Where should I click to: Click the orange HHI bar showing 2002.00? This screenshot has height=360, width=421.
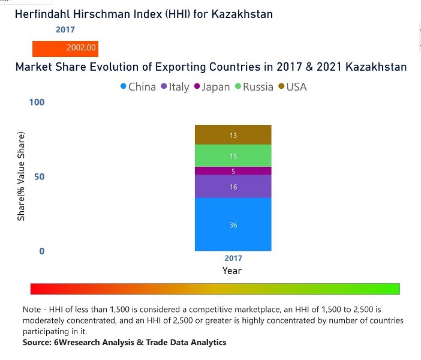65,48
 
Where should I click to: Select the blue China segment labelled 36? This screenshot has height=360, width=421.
233,224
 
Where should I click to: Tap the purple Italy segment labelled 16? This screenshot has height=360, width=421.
233,187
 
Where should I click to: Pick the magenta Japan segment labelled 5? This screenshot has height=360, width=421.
233,171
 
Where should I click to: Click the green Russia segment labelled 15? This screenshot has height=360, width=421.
233,156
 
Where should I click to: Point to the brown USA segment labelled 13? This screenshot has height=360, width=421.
233,135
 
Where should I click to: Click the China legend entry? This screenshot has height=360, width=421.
139,87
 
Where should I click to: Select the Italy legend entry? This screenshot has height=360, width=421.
175,87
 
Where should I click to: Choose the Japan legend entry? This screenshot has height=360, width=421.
212,87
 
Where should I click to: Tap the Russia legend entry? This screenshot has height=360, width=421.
254,87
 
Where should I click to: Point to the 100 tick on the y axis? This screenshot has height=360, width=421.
37,103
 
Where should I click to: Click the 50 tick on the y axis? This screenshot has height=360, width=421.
40,177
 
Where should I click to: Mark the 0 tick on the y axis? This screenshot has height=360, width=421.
42,251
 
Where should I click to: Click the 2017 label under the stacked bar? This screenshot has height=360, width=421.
233,258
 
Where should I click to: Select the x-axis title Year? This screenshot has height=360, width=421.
232,271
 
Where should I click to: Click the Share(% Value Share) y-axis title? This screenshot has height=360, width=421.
22,176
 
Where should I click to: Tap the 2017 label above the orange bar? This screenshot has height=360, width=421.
65,29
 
